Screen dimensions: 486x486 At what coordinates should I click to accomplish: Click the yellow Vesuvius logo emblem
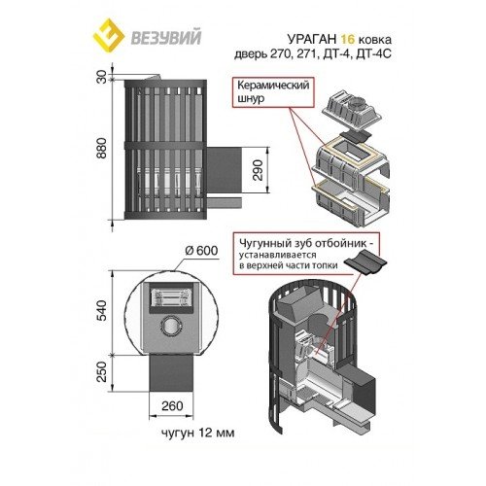tap(109, 37)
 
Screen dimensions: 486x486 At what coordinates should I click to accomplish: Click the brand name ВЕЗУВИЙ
tap(165, 37)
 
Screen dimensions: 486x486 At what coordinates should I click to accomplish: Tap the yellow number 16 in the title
tap(348, 39)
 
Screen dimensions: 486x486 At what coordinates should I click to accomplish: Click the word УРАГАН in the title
tap(312, 39)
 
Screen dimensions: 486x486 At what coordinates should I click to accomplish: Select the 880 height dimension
tap(102, 148)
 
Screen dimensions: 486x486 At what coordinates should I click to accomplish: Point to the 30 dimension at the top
tap(102, 77)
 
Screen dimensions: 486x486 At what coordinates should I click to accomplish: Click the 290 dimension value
tap(258, 170)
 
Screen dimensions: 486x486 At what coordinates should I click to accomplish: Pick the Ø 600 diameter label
tap(201, 251)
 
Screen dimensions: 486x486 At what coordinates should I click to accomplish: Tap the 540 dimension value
tap(102, 310)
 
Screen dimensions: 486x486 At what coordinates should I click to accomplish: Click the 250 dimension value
tap(102, 371)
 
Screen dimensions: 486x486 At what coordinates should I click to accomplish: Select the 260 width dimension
tap(172, 405)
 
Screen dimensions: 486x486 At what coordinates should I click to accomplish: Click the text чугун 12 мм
tap(197, 433)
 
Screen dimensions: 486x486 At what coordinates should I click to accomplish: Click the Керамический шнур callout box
tap(274, 92)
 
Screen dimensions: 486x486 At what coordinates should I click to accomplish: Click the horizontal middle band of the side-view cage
tap(165, 146)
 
